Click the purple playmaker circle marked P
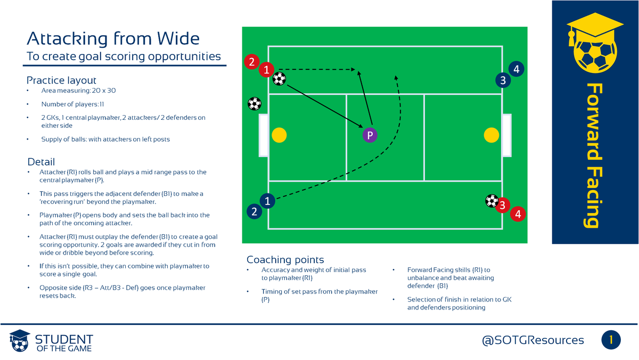coord(369,135)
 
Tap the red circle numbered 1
coord(267,69)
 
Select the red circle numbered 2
coord(251,62)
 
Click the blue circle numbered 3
coord(502,80)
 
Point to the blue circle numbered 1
coord(267,201)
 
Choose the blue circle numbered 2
coord(254,211)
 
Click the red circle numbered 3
coord(502,204)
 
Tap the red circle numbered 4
coord(517,215)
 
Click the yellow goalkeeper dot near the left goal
coord(278,135)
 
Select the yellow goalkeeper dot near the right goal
coord(491,135)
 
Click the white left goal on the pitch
coord(263,135)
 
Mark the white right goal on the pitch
coord(506,135)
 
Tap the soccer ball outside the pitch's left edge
coord(255,103)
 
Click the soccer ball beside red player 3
coord(491,201)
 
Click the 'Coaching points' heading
coord(285,260)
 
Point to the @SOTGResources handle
coord(533,340)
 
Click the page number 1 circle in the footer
coord(611,340)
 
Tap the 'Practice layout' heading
coord(61,80)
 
